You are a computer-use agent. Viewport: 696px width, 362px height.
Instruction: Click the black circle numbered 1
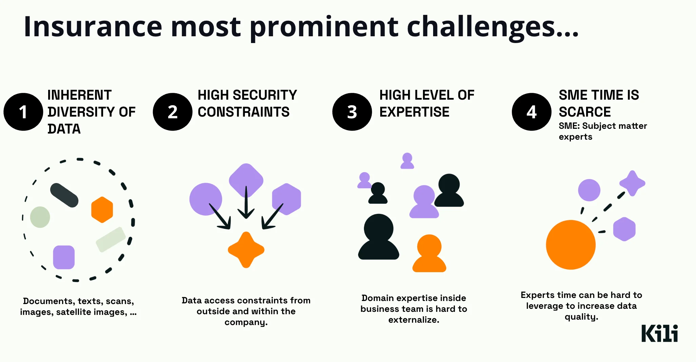[x=23, y=112]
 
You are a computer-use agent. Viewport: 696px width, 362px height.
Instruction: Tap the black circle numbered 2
[x=172, y=112]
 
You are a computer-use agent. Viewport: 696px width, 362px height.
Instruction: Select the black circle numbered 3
[x=352, y=112]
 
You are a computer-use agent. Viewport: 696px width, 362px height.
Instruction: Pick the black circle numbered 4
[x=531, y=112]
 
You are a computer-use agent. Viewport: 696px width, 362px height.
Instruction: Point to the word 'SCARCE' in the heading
[x=584, y=112]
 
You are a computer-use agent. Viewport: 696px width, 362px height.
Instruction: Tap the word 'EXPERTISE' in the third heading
[x=414, y=112]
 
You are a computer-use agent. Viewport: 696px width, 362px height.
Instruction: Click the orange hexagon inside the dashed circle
[x=102, y=209]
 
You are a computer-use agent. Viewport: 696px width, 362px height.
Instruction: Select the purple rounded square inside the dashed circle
[x=64, y=257]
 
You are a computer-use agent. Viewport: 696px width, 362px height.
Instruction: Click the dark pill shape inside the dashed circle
[x=64, y=195]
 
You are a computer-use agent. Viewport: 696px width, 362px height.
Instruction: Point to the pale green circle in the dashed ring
[x=40, y=217]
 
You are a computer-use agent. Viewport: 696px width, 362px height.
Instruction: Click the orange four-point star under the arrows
[x=246, y=250]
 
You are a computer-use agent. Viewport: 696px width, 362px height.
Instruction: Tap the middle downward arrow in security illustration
[x=246, y=203]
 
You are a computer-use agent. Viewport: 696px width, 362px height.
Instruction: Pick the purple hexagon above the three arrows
[x=287, y=199]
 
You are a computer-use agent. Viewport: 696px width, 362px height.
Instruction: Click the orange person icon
[x=429, y=254]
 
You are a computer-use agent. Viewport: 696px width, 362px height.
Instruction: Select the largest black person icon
[x=379, y=237]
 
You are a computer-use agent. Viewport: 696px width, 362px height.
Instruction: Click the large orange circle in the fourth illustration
[x=571, y=245]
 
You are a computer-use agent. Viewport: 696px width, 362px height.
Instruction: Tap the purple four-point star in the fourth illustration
[x=632, y=183]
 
